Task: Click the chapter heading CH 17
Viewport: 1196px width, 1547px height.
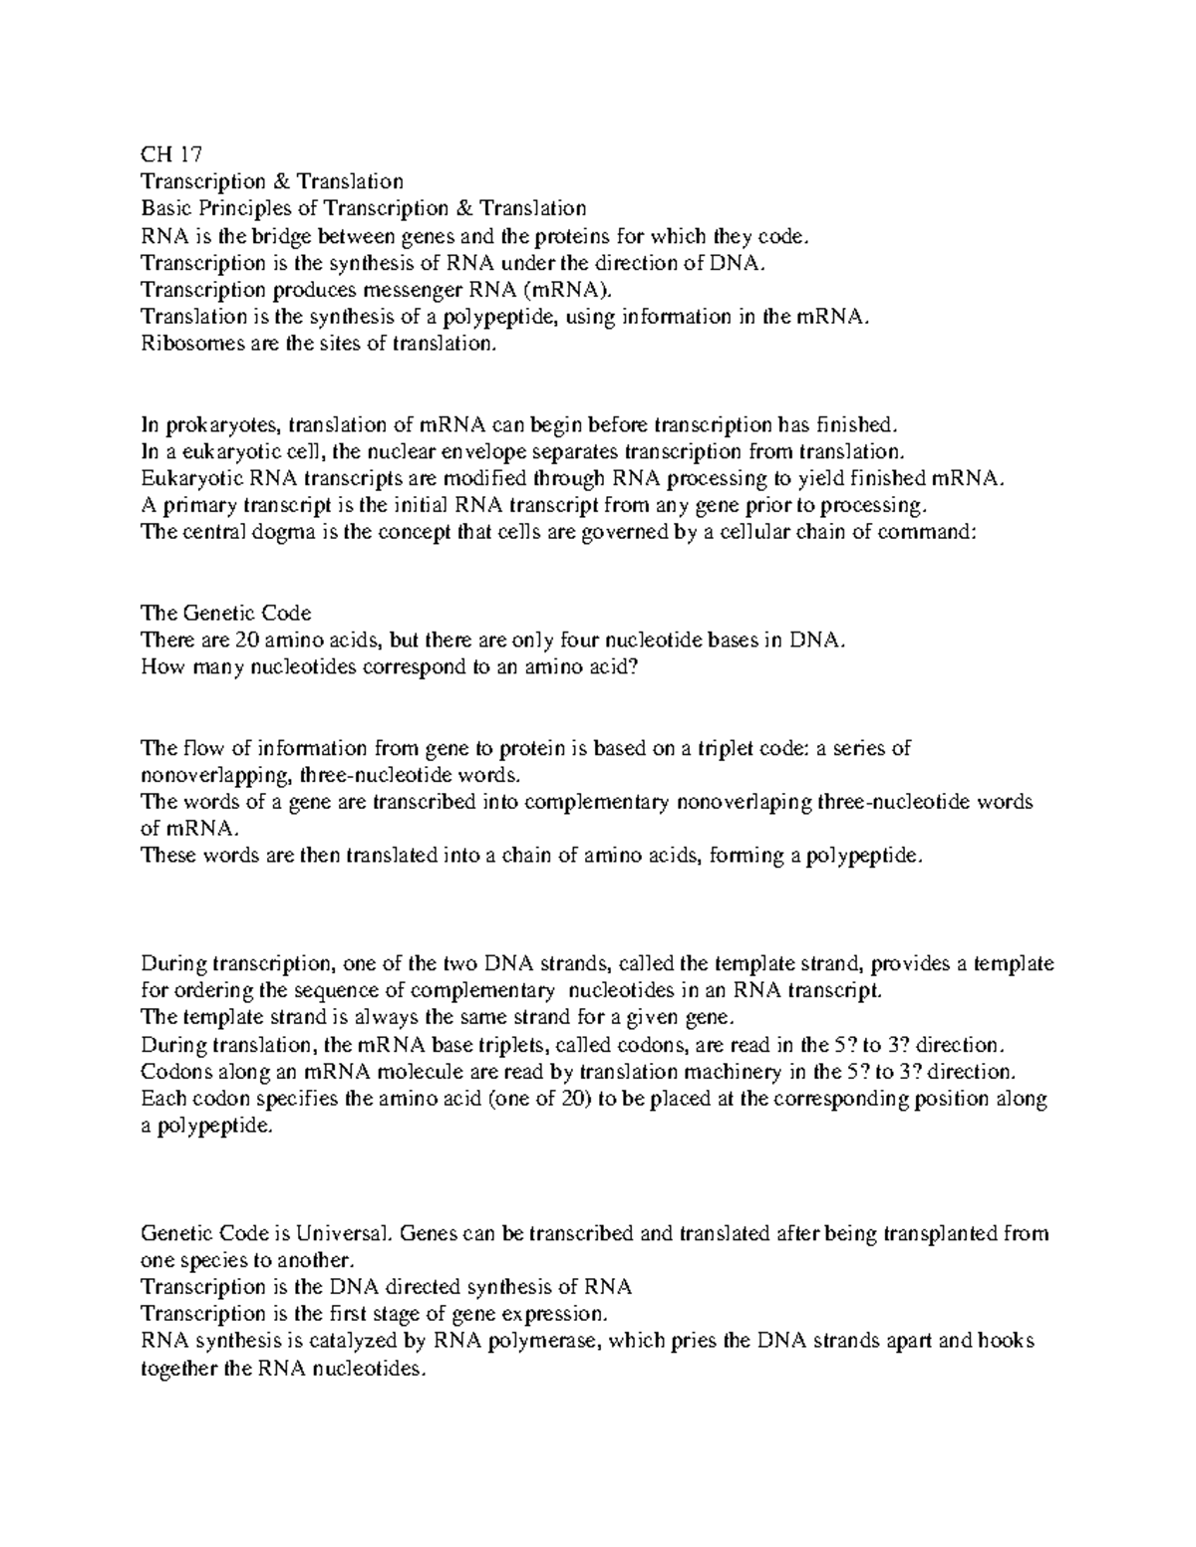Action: (x=170, y=154)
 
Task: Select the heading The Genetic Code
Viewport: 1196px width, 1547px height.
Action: (x=226, y=613)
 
